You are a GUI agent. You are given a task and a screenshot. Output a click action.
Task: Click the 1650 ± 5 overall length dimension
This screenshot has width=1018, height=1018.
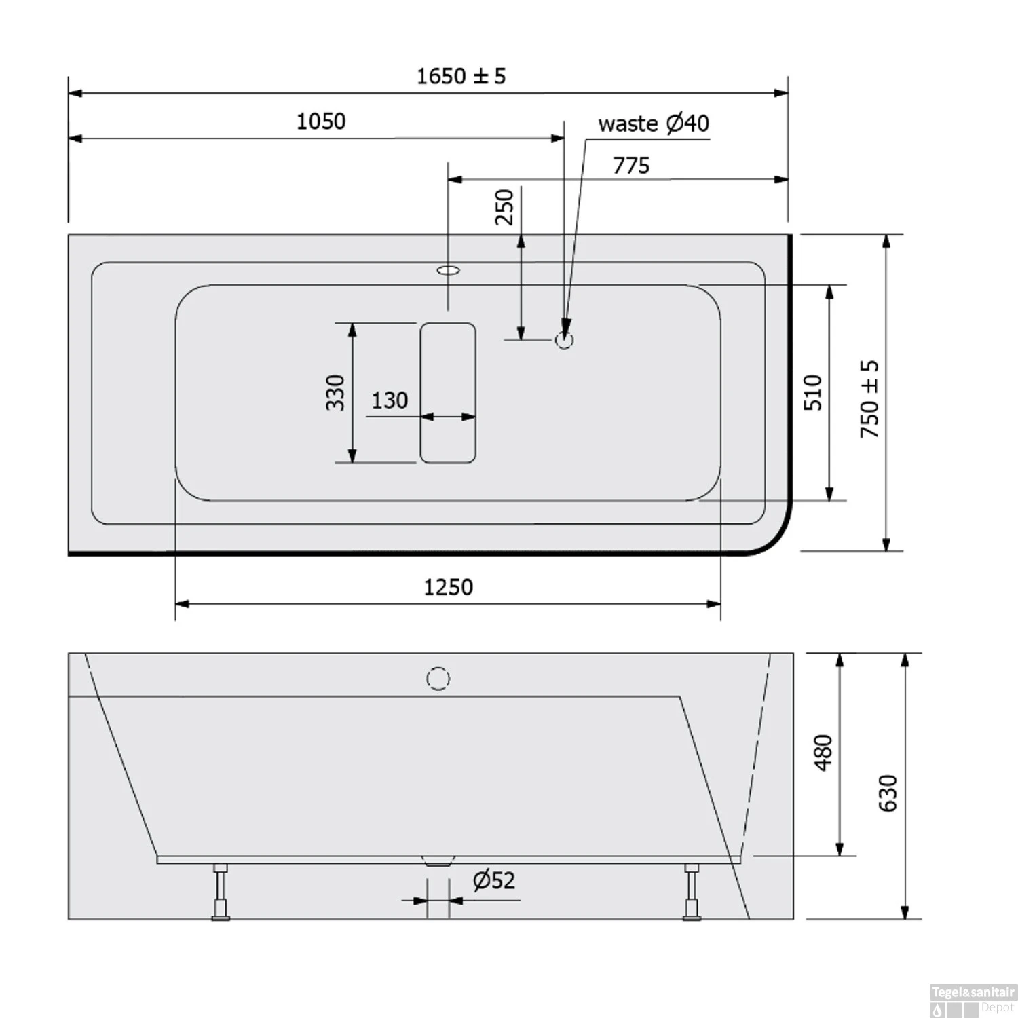click(461, 76)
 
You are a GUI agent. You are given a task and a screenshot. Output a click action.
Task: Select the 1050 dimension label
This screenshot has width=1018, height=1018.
click(321, 121)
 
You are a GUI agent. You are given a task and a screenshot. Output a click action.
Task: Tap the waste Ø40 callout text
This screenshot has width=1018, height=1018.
click(654, 124)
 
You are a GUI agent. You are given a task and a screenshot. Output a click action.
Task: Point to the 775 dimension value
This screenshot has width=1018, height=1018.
click(631, 166)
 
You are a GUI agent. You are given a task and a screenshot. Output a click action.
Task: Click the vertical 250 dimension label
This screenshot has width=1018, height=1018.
click(504, 207)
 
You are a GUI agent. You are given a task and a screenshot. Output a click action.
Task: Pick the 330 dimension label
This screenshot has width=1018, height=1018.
click(335, 392)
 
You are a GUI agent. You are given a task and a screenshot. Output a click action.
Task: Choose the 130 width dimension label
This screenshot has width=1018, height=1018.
click(390, 400)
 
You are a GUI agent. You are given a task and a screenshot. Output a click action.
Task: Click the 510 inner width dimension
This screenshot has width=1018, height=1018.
click(812, 392)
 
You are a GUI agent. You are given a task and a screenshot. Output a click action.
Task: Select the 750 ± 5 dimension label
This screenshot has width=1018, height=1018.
click(869, 398)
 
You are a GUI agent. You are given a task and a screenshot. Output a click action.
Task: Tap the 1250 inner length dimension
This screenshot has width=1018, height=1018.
click(448, 587)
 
